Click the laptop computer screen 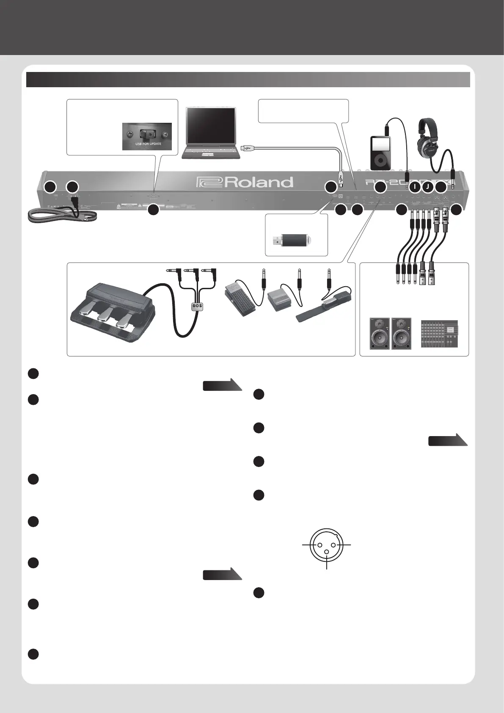click(x=211, y=126)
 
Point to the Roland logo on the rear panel click(x=245, y=182)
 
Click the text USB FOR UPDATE click(x=145, y=144)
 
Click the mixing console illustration click(x=439, y=334)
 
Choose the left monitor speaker click(x=380, y=333)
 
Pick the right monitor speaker click(x=402, y=333)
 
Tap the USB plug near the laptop click(x=246, y=148)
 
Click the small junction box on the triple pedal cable click(x=197, y=306)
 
